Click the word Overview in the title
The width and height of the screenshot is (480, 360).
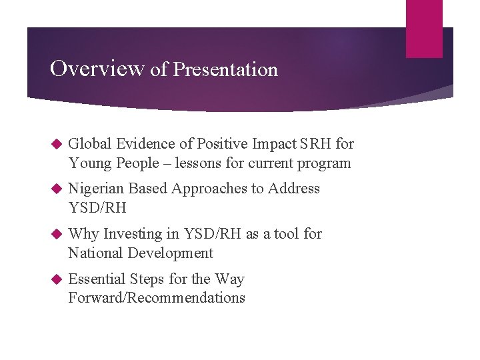point(97,69)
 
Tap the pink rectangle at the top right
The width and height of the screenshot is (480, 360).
point(424,28)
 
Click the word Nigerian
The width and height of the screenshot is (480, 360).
point(96,189)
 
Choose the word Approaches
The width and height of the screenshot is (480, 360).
point(209,189)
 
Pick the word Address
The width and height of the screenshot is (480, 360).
point(294,189)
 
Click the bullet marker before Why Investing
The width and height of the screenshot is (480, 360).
point(56,234)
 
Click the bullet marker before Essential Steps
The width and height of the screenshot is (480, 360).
point(56,279)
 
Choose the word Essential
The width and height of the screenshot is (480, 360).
point(97,279)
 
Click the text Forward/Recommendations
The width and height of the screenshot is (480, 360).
point(157,298)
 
